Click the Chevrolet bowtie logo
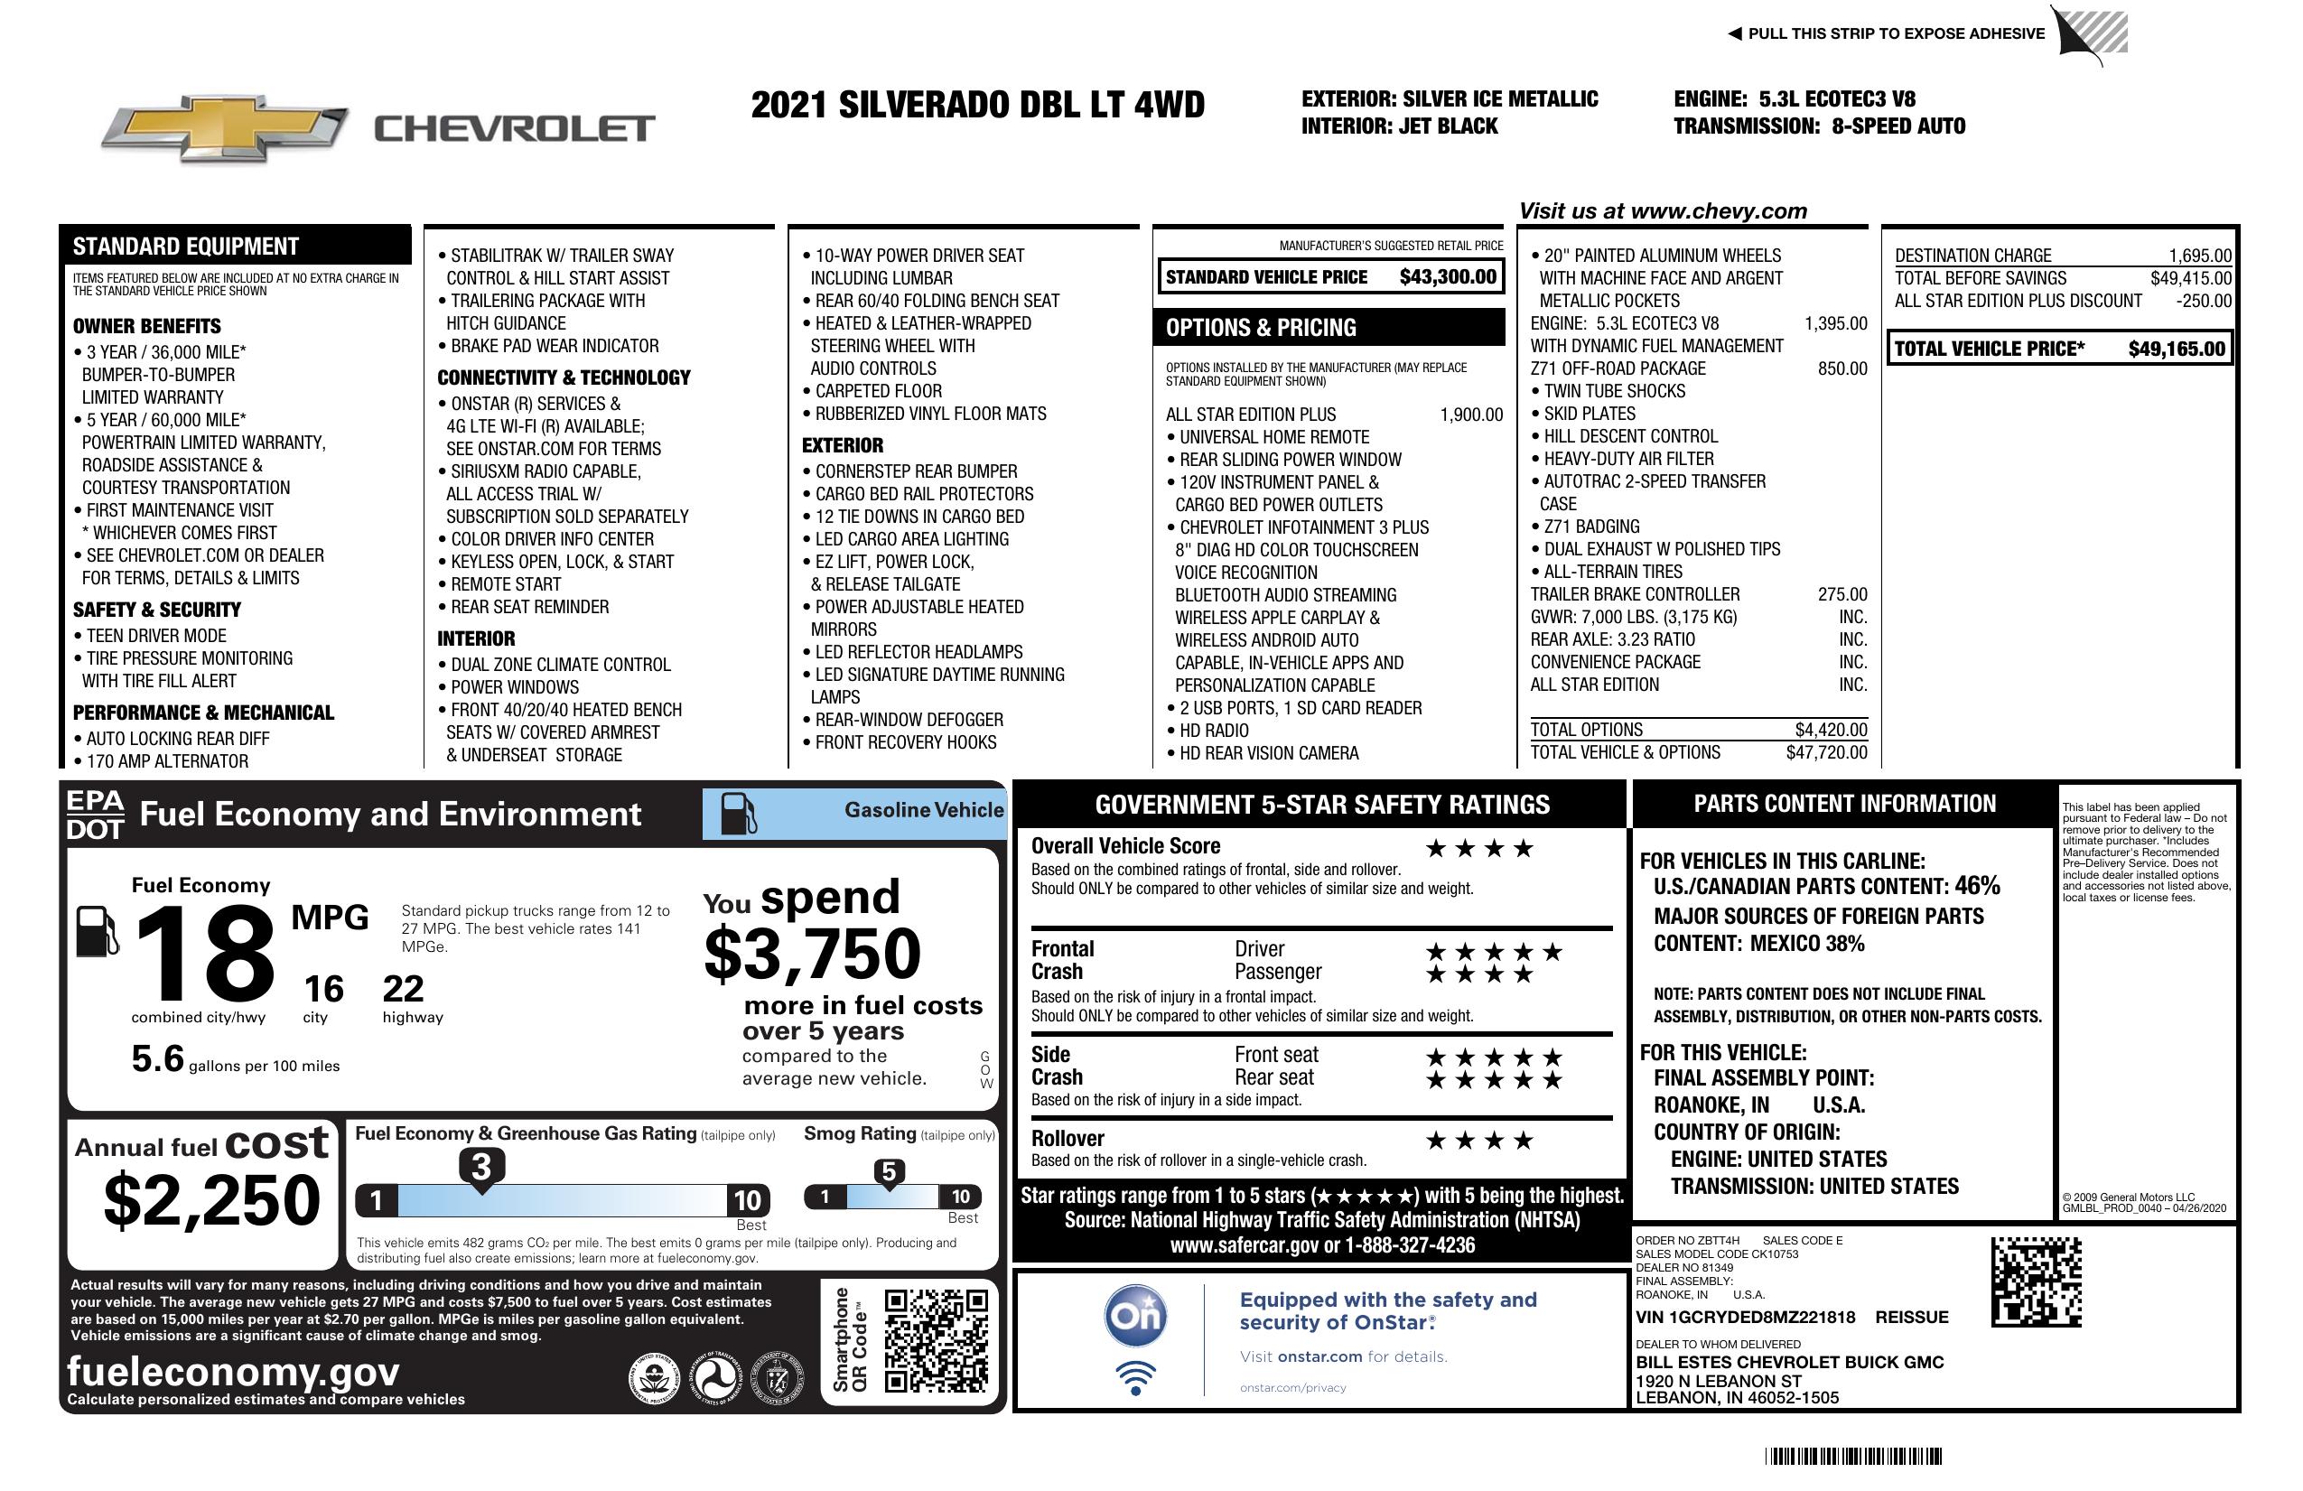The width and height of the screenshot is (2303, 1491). pyautogui.click(x=224, y=128)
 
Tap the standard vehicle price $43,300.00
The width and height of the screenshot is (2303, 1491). pyautogui.click(x=1448, y=277)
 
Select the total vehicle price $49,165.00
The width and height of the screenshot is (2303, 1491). pyautogui.click(x=2177, y=349)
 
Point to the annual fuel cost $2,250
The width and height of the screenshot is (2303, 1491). pyautogui.click(x=212, y=1201)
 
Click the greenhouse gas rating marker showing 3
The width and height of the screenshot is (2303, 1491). pyautogui.click(x=480, y=1167)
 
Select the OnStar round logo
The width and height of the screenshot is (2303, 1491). pyautogui.click(x=1136, y=1316)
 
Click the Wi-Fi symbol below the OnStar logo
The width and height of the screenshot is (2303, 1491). pyautogui.click(x=1136, y=1378)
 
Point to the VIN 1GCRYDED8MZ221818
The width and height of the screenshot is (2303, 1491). pyautogui.click(x=1745, y=1317)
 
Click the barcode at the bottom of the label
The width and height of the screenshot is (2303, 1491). pyautogui.click(x=1852, y=1456)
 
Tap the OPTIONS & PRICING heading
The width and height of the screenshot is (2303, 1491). pyautogui.click(x=1260, y=328)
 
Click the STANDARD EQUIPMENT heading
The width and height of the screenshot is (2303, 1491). pyautogui.click(x=186, y=246)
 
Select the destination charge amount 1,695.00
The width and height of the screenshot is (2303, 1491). pyautogui.click(x=2199, y=256)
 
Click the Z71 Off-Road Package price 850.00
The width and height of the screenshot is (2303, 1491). pyautogui.click(x=1841, y=368)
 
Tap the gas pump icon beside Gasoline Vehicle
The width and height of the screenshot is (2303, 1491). pyautogui.click(x=739, y=814)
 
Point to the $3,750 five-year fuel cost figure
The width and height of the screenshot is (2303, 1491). pyautogui.click(x=812, y=954)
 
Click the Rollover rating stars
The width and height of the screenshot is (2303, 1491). pyautogui.click(x=1479, y=1141)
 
